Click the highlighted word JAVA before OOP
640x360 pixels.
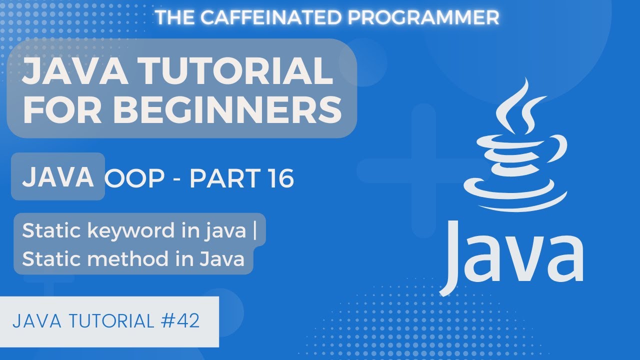58,176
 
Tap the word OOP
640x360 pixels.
135,178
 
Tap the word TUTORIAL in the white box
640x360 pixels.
112,321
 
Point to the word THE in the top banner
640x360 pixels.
175,17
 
